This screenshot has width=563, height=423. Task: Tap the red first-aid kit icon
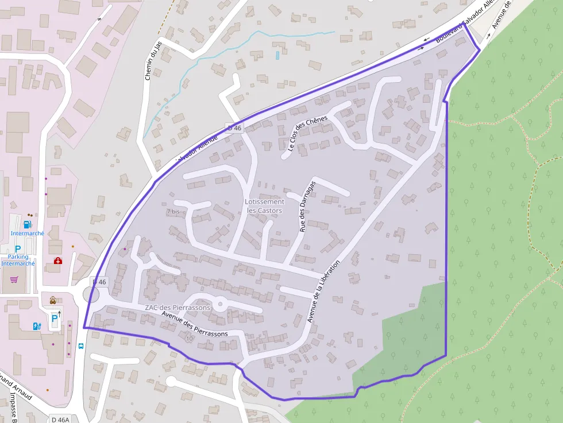click(57, 261)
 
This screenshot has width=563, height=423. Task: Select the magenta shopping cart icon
click(14, 280)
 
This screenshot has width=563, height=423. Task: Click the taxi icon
click(52, 300)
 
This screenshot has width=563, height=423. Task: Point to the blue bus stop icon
click(81, 346)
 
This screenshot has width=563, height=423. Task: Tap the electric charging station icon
click(37, 326)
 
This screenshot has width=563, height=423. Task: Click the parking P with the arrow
click(55, 317)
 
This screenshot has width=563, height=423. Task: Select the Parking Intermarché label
click(18, 260)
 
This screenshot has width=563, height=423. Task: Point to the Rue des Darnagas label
click(307, 206)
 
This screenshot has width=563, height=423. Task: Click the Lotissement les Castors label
click(264, 206)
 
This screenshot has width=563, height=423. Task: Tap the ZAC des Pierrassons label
click(178, 308)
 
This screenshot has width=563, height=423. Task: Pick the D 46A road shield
click(60, 419)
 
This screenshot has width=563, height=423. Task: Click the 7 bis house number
click(173, 212)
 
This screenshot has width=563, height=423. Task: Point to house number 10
click(190, 339)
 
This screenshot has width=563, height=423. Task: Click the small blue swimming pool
click(277, 55)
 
